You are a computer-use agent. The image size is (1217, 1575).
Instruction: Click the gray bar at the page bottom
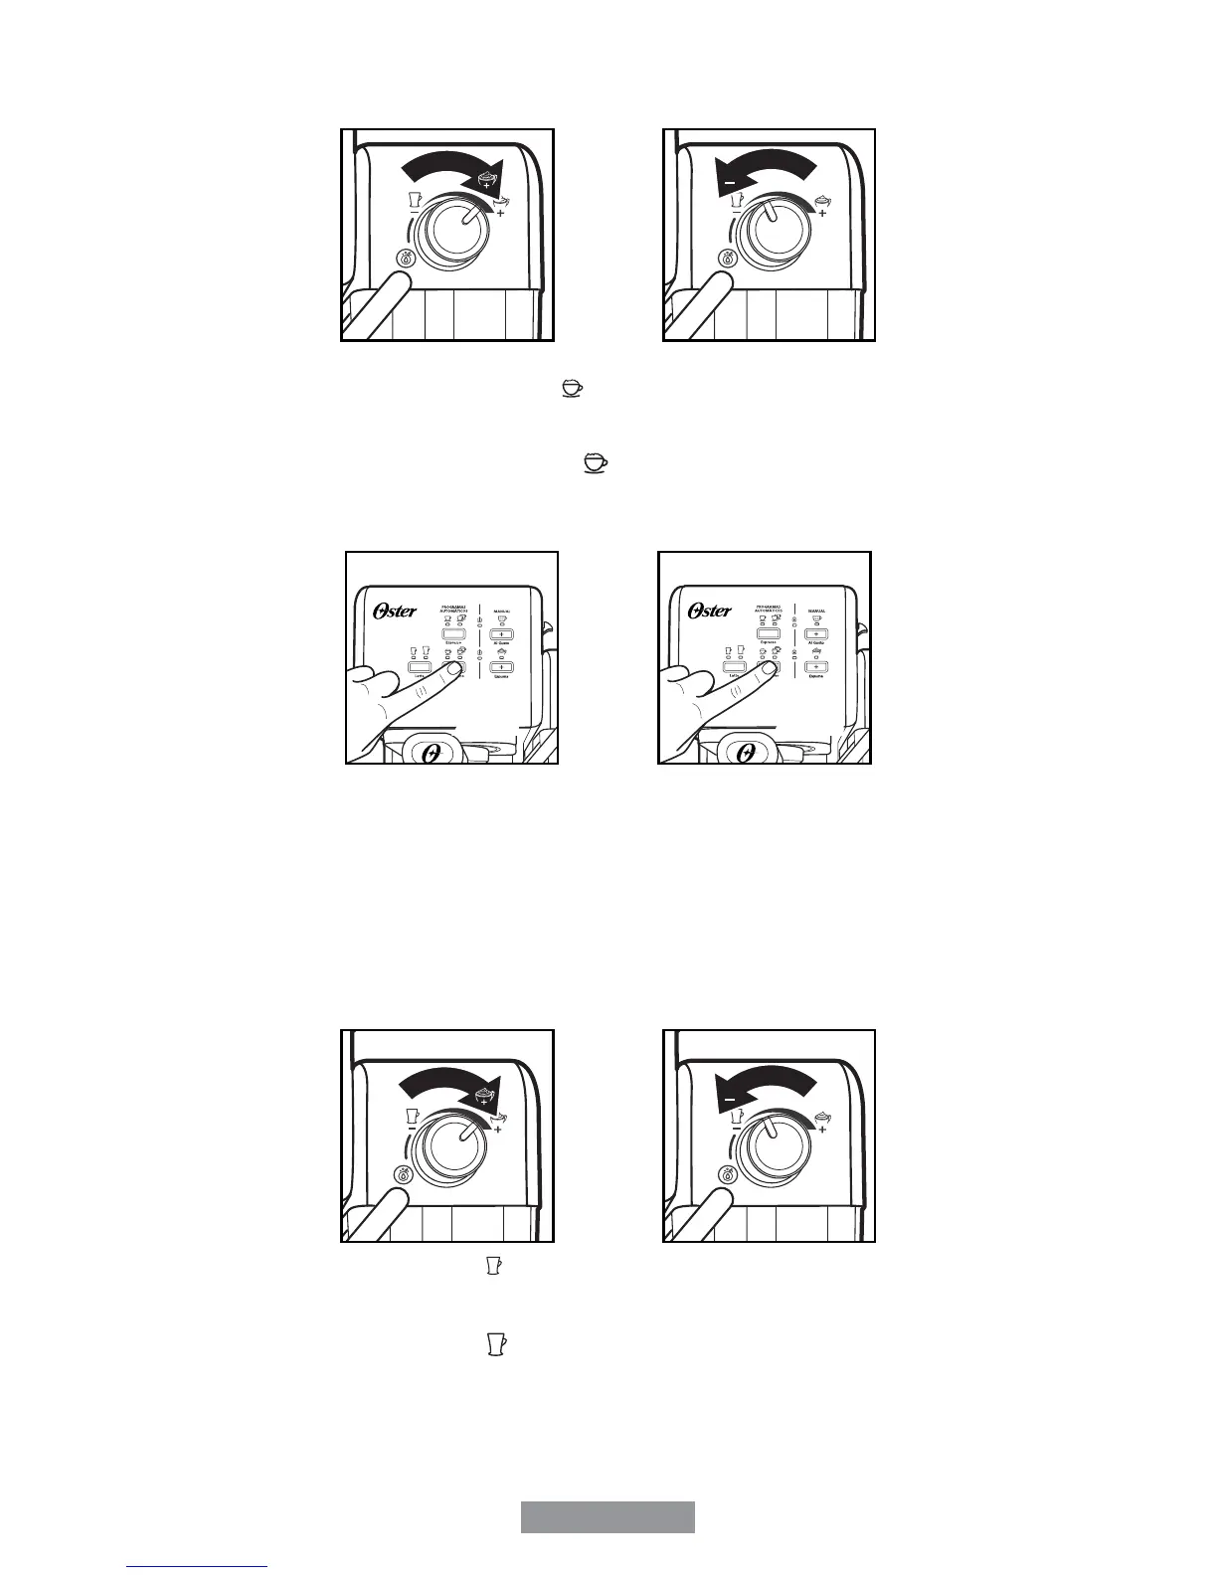(x=608, y=1517)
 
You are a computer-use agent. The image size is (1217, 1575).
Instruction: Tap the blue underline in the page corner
(x=198, y=1566)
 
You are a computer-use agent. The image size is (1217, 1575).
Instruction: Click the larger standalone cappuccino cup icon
(x=596, y=463)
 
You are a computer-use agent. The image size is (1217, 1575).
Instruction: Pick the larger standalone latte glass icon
(x=497, y=1344)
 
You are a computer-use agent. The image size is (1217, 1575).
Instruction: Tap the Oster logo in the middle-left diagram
(x=395, y=611)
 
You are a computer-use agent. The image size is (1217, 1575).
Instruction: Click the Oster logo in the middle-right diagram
(x=710, y=611)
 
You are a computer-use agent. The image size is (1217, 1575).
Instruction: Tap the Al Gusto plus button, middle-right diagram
(x=816, y=633)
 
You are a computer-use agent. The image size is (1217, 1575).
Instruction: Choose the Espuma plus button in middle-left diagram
(x=501, y=669)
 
